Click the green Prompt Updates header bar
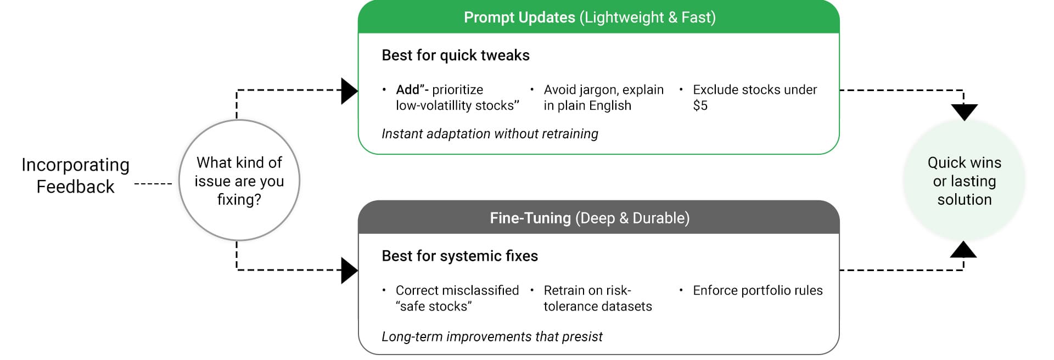pyautogui.click(x=598, y=17)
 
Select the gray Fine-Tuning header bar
pyautogui.click(x=598, y=217)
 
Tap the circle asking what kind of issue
pyautogui.click(x=239, y=180)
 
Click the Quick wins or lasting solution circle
pyautogui.click(x=964, y=181)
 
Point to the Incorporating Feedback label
pyautogui.click(x=75, y=176)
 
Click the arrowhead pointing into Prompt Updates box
pyautogui.click(x=350, y=91)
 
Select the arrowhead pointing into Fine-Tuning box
pyautogui.click(x=350, y=270)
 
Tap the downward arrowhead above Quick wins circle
pyautogui.click(x=964, y=112)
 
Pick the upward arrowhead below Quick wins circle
pyautogui.click(x=963, y=249)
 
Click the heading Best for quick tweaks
pyautogui.click(x=456, y=55)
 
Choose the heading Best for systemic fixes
pyautogui.click(x=459, y=256)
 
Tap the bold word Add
pyautogui.click(x=408, y=89)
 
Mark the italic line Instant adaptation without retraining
pyautogui.click(x=490, y=134)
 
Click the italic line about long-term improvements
pyautogui.click(x=492, y=336)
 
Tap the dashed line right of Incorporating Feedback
pyautogui.click(x=154, y=183)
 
